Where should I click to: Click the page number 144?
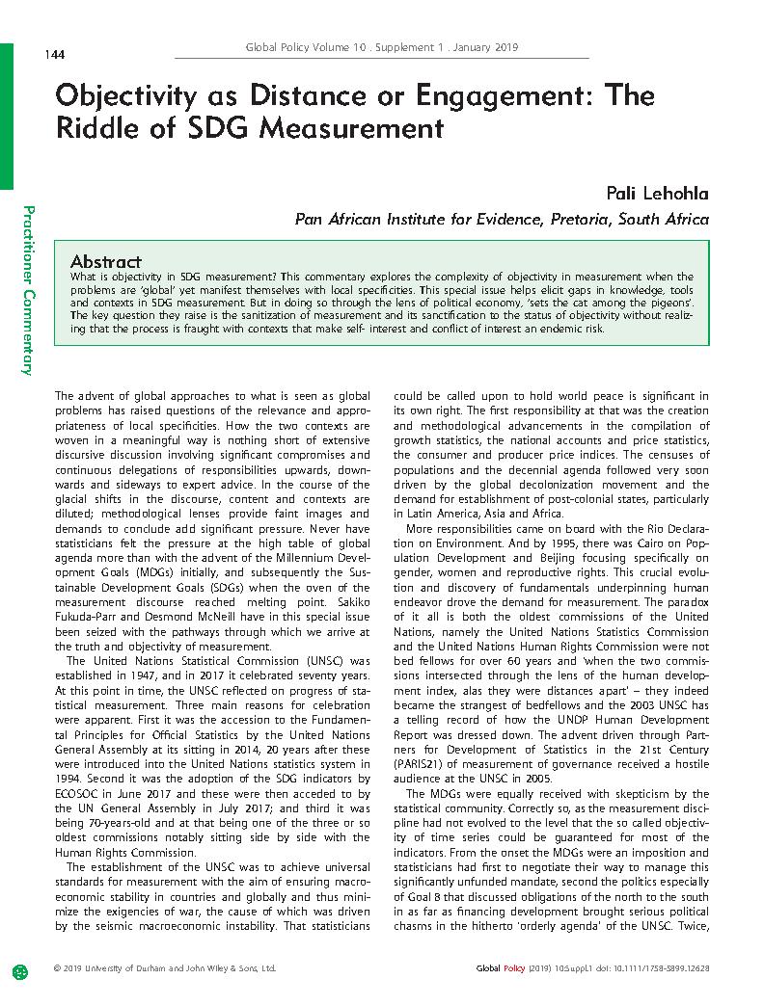pyautogui.click(x=54, y=54)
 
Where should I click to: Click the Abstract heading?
pyautogui.click(x=106, y=261)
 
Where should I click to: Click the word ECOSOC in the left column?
pyautogui.click(x=77, y=790)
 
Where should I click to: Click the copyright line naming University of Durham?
pyautogui.click(x=166, y=967)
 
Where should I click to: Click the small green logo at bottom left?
pyautogui.click(x=19, y=968)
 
